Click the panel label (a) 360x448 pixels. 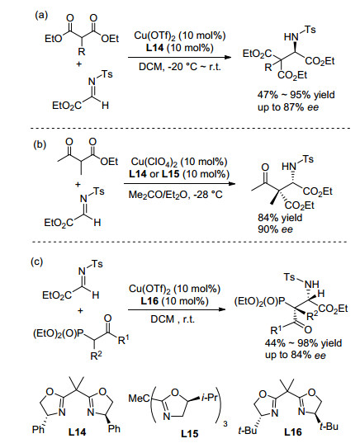click(41, 15)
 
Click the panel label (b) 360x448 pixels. click(40, 144)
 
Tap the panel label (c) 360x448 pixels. click(37, 262)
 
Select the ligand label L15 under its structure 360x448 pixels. click(189, 434)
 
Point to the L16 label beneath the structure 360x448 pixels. click(293, 432)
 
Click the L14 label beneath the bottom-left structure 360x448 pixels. click(78, 432)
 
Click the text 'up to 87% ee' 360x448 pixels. click(288, 107)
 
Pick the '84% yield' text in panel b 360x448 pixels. click(280, 218)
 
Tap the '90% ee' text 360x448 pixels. click(275, 229)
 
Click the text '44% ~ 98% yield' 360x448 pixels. click(303, 343)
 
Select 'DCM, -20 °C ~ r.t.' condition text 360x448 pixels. click(180, 67)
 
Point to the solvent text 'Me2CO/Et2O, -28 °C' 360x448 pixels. click(176, 195)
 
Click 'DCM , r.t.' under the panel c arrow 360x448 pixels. click(173, 319)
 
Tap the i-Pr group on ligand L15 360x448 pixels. click(210, 398)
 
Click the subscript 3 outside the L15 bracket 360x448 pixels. click(225, 424)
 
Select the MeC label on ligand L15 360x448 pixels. click(140, 398)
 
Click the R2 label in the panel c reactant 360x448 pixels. click(96, 356)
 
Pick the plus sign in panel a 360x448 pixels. click(79, 64)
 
